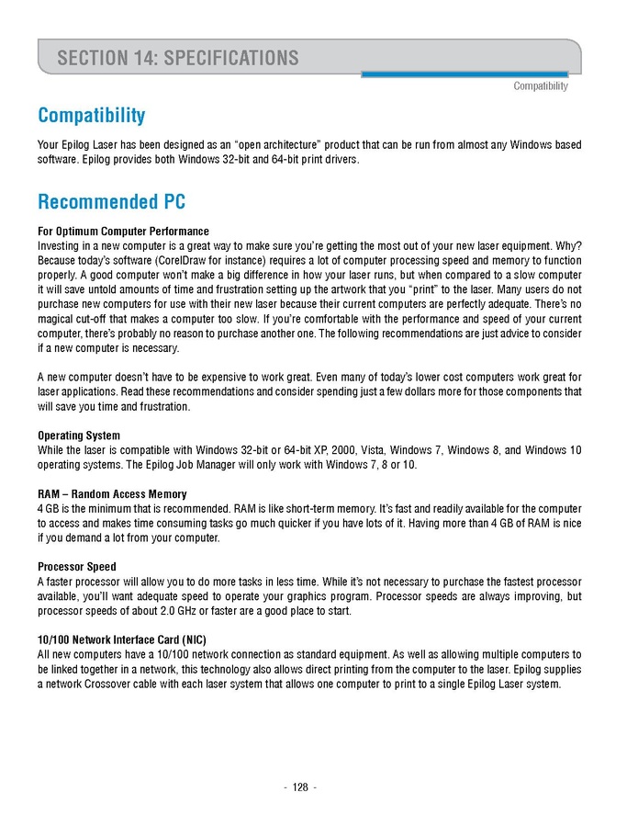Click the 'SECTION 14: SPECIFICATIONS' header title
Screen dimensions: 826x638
click(x=178, y=58)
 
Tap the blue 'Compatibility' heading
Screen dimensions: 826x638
click(x=91, y=116)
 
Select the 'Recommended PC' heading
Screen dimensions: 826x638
click(x=111, y=201)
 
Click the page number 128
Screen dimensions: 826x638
click(x=300, y=787)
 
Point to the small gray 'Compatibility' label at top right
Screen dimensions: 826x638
click(x=540, y=86)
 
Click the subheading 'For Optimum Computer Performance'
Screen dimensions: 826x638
click(x=123, y=231)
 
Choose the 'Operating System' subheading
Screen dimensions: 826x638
click(x=79, y=436)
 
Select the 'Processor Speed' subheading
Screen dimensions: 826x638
click(x=77, y=567)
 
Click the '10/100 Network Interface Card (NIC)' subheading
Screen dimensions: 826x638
click(x=122, y=639)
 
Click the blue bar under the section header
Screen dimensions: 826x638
click(x=465, y=74)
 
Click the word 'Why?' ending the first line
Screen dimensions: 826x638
click(x=568, y=245)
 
